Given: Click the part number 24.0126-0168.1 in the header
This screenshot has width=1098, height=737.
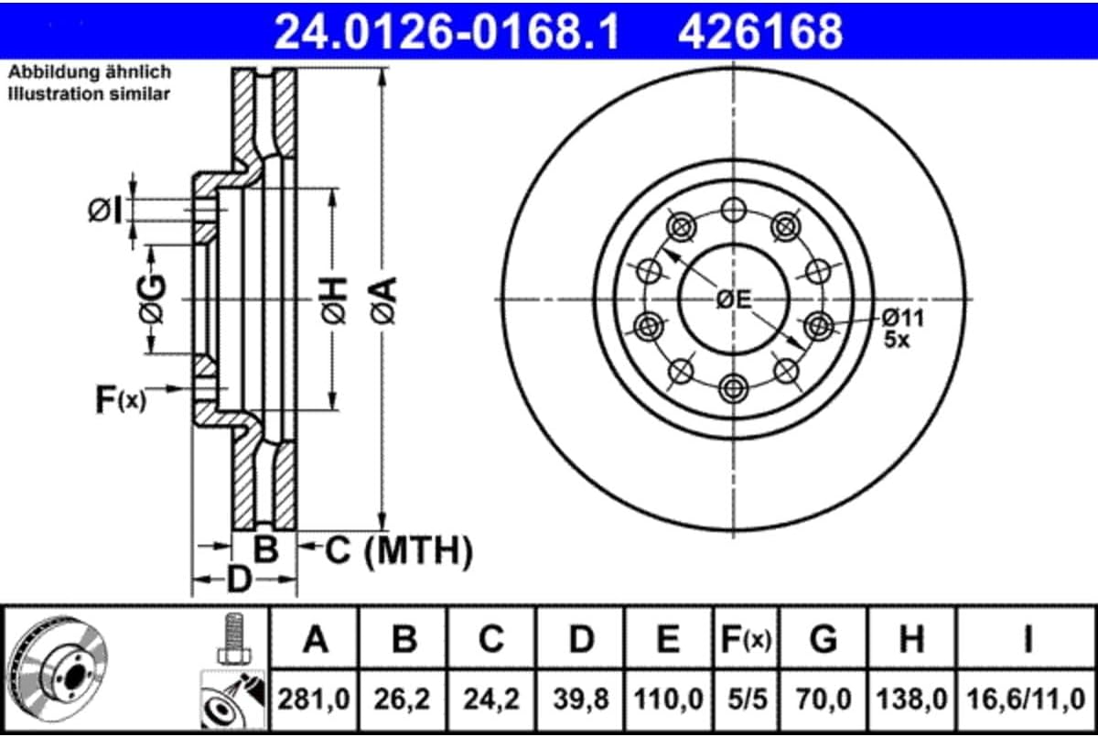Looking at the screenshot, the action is [x=447, y=31].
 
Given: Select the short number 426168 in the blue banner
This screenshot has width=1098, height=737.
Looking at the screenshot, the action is [x=760, y=31].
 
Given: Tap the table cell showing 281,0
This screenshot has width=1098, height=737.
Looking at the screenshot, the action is [x=314, y=699].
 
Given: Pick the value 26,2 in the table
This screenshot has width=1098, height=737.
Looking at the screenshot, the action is [x=402, y=699].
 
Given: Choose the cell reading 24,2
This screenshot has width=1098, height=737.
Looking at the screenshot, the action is [x=491, y=699].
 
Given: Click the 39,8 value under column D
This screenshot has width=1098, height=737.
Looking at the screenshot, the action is [x=581, y=699].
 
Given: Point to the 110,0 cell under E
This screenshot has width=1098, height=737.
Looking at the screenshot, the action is [x=669, y=699].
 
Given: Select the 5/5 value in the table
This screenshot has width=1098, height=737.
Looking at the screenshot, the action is [x=747, y=699].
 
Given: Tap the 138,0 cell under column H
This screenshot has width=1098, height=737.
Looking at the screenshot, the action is [x=911, y=699].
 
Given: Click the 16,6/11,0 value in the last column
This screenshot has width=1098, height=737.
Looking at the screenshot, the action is [x=1026, y=699].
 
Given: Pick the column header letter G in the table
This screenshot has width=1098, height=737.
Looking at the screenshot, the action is [x=823, y=639].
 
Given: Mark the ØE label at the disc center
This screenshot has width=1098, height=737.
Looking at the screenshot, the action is [x=733, y=299].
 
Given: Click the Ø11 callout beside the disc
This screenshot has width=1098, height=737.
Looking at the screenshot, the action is [x=903, y=318].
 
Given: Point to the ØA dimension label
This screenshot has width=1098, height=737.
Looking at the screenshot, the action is [x=383, y=300].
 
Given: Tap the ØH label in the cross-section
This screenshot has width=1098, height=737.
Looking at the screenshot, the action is [x=334, y=300].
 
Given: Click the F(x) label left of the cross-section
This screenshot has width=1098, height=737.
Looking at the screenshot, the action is [x=121, y=400].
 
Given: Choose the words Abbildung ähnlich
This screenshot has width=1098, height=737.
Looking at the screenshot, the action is [x=90, y=72].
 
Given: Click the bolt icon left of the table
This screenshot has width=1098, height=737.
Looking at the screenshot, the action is [x=234, y=639].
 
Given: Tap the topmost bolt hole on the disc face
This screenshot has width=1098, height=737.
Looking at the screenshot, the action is [x=733, y=210].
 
